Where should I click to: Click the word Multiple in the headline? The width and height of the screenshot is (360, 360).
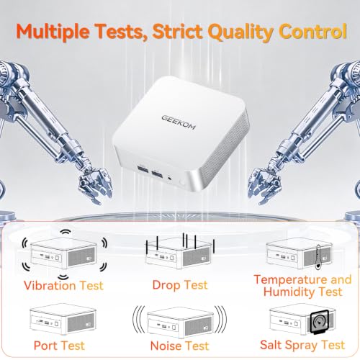[53, 32]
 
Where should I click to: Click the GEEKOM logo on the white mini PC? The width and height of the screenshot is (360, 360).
[179, 122]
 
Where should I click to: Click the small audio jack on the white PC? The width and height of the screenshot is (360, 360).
[170, 178]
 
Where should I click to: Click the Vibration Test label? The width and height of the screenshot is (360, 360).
[63, 285]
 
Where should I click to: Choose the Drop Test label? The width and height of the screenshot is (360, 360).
[180, 285]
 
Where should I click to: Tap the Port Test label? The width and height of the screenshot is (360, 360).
[59, 346]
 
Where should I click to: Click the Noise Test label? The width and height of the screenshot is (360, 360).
[180, 346]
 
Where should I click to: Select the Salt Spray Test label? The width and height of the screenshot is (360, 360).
[302, 345]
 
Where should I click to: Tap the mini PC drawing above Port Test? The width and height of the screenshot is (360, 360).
[63, 319]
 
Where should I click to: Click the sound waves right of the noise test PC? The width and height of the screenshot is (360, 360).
[220, 320]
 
